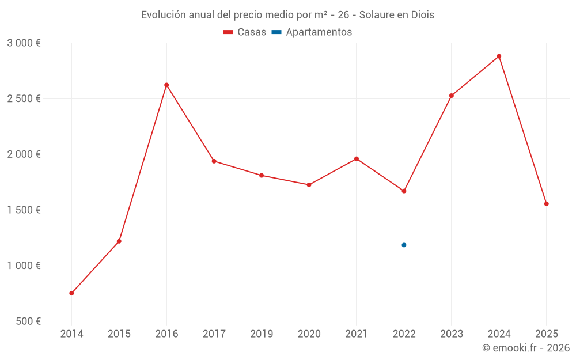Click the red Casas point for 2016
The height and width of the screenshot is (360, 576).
pos(166,85)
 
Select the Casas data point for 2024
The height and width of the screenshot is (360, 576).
pos(499,56)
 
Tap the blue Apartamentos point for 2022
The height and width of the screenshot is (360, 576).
pos(404,245)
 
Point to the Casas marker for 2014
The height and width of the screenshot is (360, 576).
pos(71,293)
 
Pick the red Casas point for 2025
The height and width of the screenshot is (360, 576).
pos(547,204)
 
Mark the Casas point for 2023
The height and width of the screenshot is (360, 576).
pos(452,96)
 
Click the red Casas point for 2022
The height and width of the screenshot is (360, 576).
pos(404,191)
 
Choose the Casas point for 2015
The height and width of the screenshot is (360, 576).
pos(119,241)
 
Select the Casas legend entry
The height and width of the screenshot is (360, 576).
pos(245,32)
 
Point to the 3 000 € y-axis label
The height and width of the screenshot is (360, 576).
pos(24,43)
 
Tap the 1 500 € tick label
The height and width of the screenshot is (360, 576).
pos(24,210)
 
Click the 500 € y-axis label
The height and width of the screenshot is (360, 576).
pos(28,321)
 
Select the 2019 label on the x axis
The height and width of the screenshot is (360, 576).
pos(262,334)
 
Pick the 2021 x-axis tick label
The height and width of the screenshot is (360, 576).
pos(357,334)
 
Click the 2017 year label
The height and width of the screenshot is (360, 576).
pos(214,334)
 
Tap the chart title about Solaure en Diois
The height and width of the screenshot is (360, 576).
pos(287,15)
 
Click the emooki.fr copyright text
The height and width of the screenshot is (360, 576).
pos(526,348)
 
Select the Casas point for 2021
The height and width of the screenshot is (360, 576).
pos(357,159)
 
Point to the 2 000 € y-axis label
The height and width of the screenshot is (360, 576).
pos(24,154)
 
